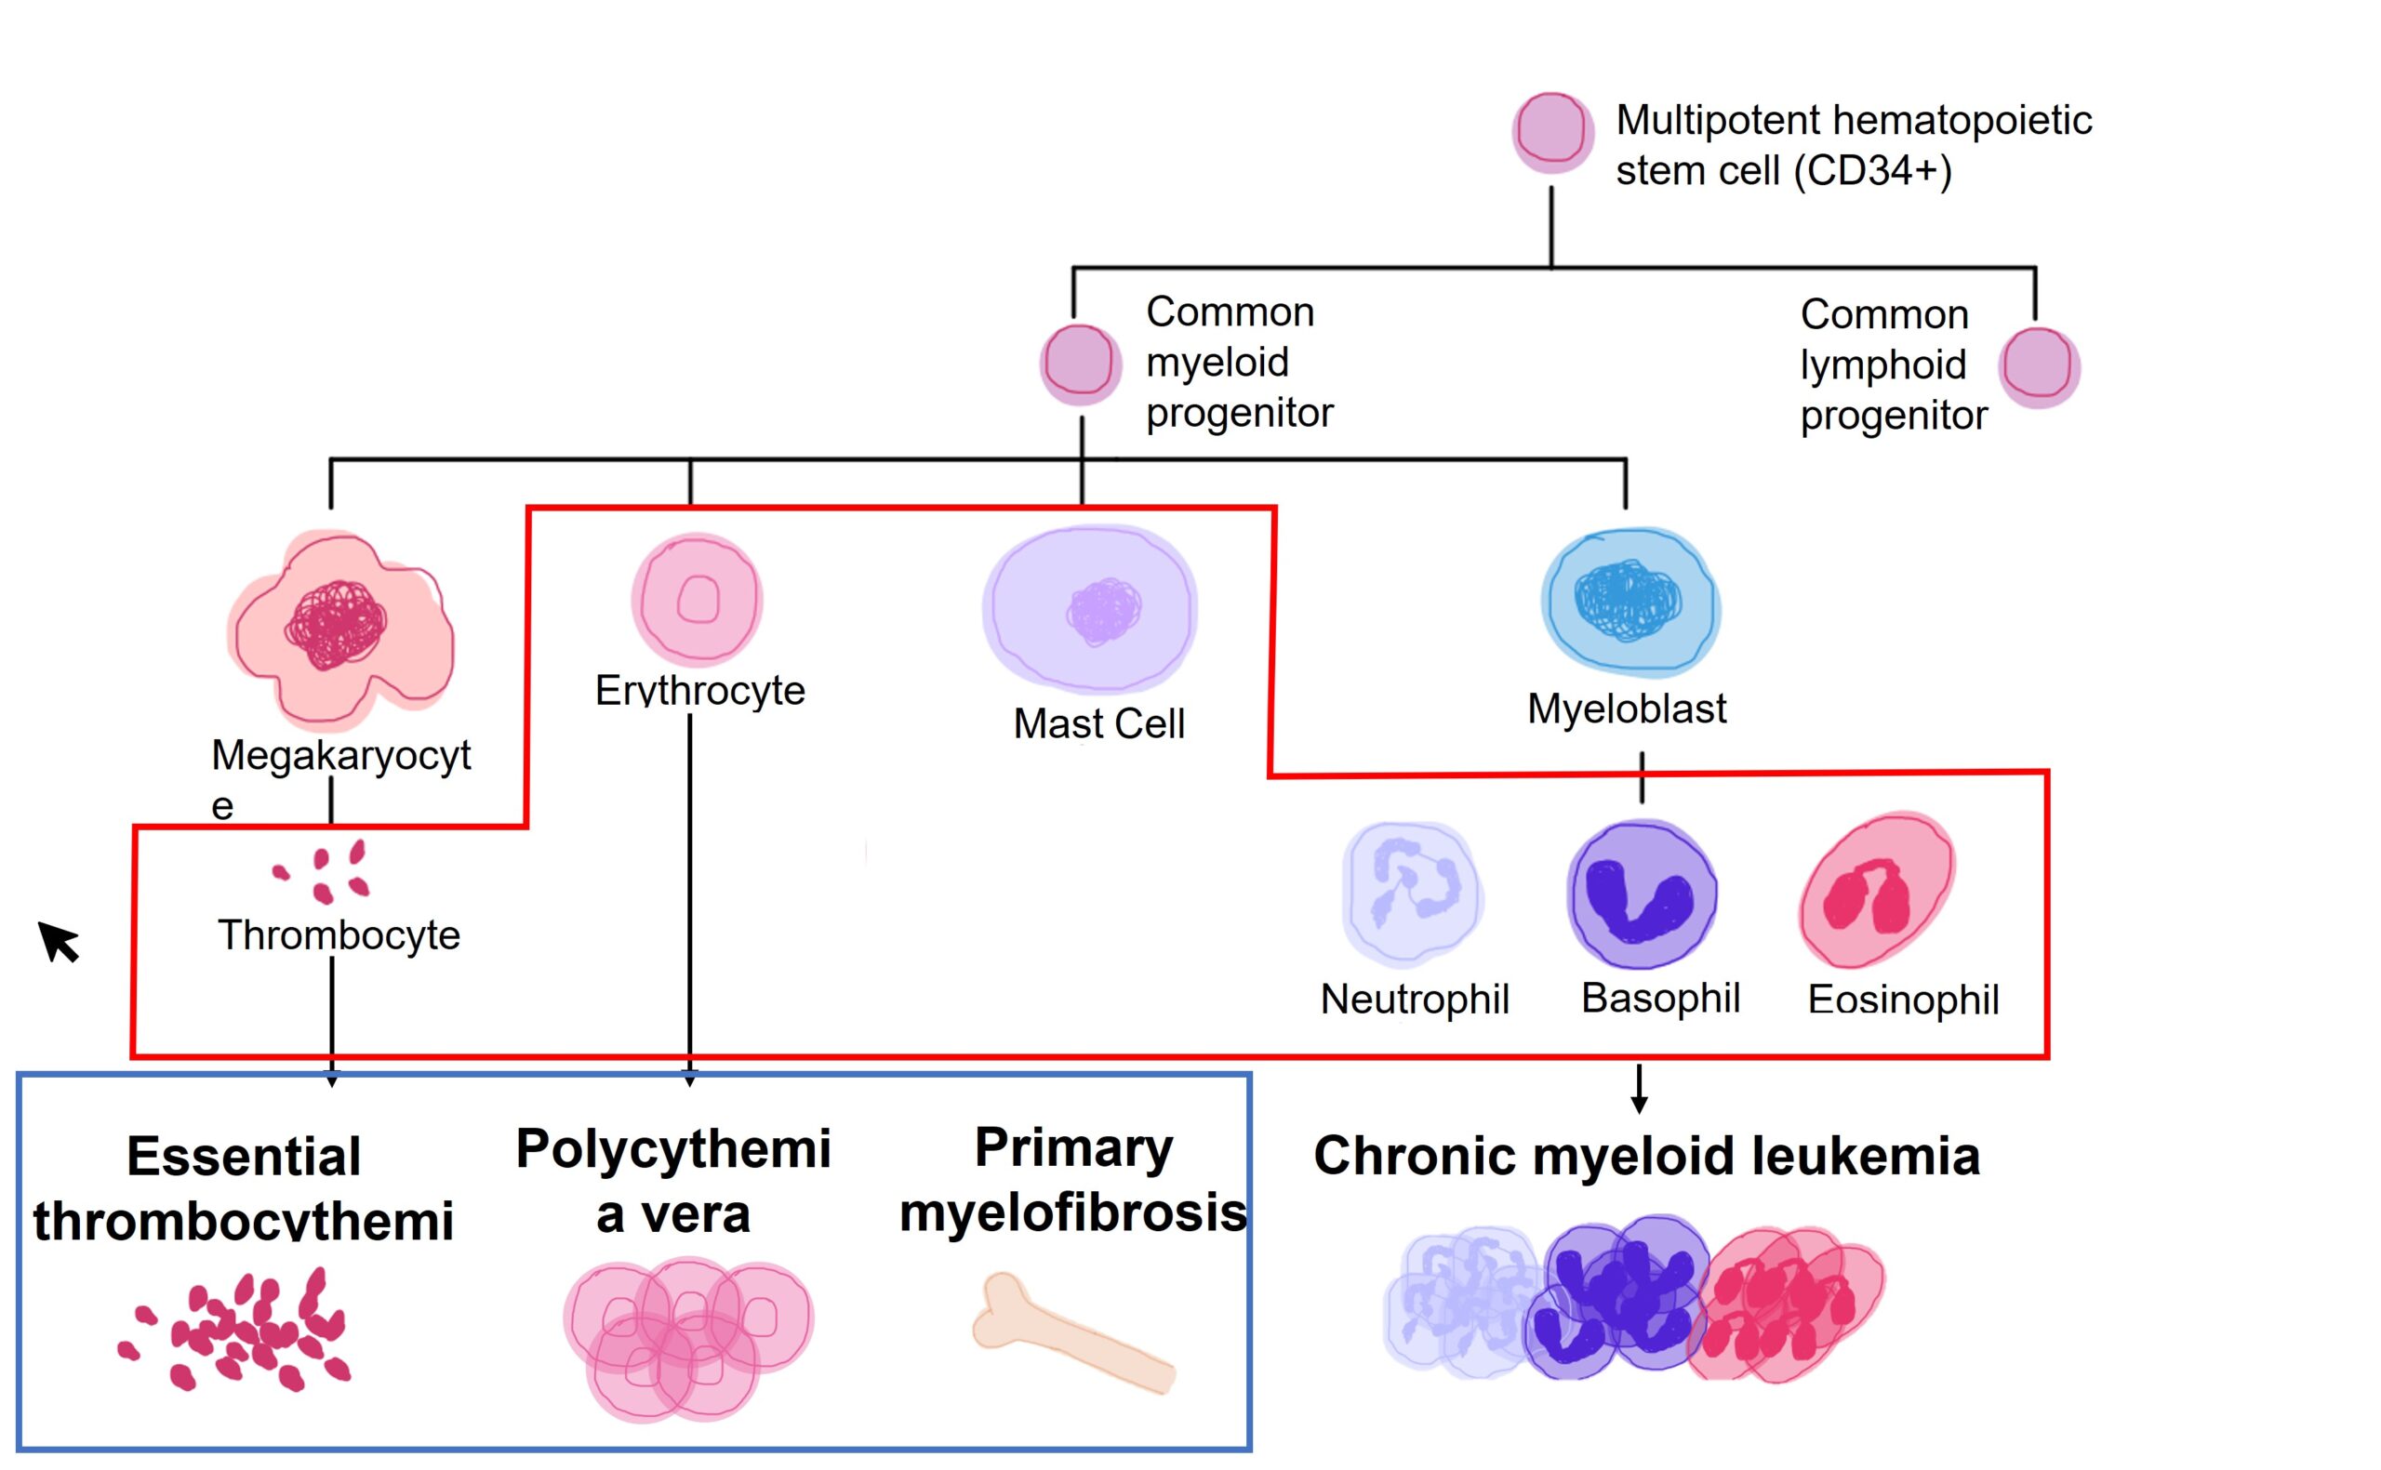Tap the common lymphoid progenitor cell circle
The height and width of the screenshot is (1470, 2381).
coord(2038,366)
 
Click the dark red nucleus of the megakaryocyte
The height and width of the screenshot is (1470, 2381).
coord(335,624)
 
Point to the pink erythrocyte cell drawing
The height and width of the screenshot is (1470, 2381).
coord(696,598)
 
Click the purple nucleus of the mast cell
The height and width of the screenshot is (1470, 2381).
coord(1102,611)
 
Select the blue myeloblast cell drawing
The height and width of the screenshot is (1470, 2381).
coord(1629,603)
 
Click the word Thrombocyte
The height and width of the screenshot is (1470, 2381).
coord(339,935)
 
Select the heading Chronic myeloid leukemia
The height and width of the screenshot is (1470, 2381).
coord(1645,1156)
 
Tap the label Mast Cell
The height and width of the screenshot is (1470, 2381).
coord(1097,723)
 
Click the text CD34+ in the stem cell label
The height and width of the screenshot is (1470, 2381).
coord(1871,171)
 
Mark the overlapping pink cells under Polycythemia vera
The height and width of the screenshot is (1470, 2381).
coord(687,1338)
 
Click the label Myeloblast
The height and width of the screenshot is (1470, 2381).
coord(1626,709)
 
